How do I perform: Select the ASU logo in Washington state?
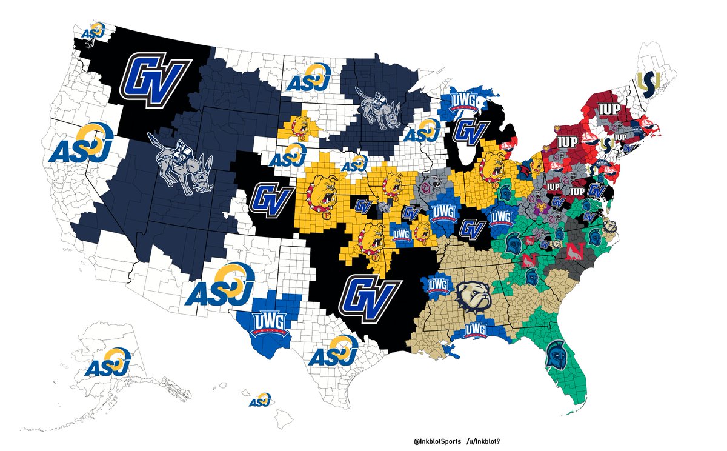(94, 31)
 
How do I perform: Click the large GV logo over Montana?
(158, 76)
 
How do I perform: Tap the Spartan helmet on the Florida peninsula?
(554, 355)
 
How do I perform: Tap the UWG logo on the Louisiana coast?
(476, 331)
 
